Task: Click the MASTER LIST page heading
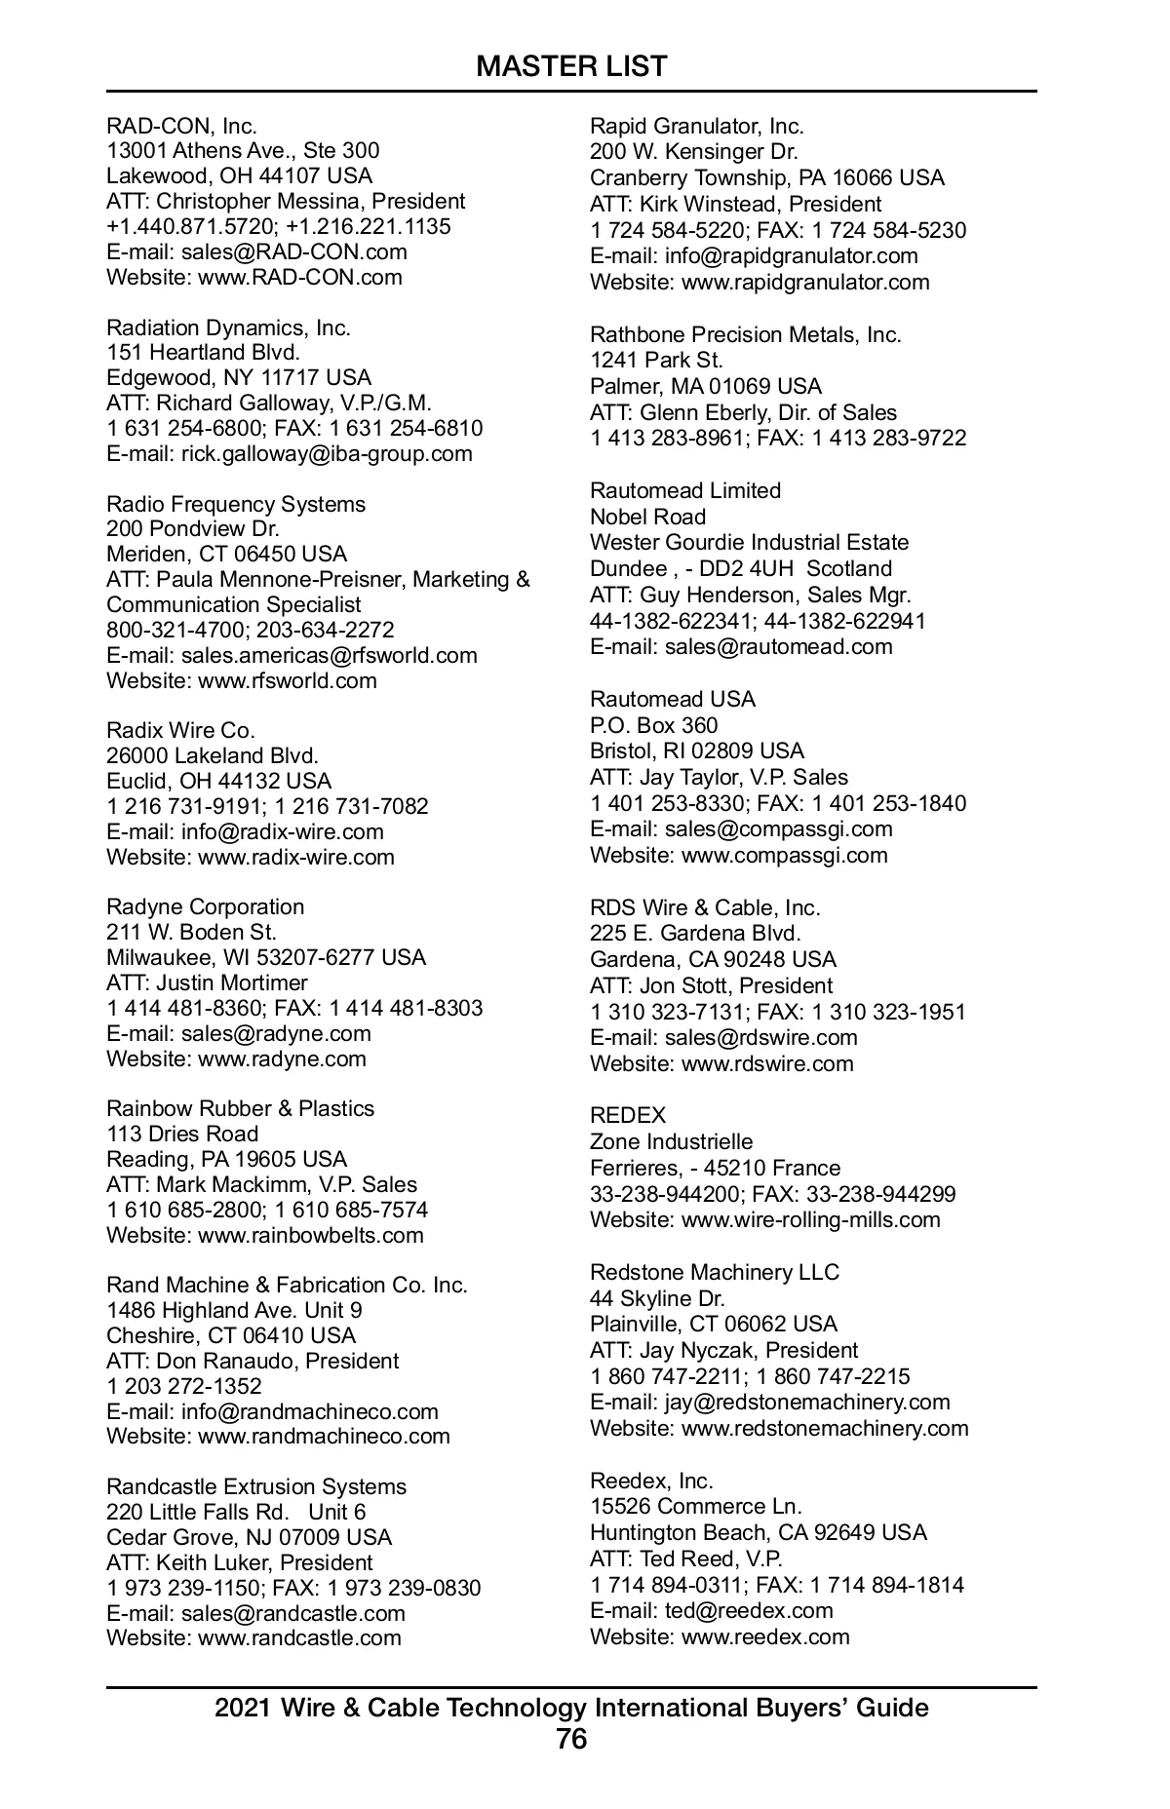click(571, 66)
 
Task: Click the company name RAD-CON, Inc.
click(181, 126)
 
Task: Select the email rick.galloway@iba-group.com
click(327, 453)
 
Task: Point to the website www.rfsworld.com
click(287, 680)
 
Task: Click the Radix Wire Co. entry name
click(180, 730)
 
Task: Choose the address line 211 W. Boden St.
click(191, 932)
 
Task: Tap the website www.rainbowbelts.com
click(310, 1235)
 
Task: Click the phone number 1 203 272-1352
click(184, 1386)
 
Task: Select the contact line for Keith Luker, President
click(240, 1562)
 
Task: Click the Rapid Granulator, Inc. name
click(697, 126)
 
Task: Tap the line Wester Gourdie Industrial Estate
click(749, 542)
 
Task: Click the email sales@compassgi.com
click(778, 828)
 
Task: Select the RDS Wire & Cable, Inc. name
click(705, 907)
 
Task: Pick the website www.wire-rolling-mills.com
click(810, 1219)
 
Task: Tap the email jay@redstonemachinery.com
click(807, 1402)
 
